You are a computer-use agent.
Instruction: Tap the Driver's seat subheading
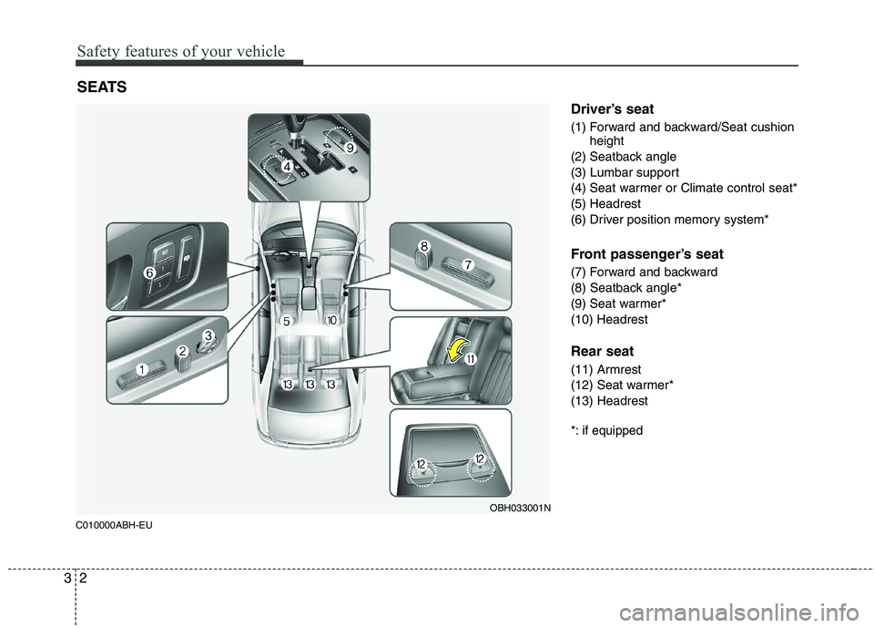pos(612,109)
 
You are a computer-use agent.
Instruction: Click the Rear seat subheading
pos(601,351)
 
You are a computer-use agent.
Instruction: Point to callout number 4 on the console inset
pos(286,167)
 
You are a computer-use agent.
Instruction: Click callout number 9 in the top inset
pos(349,147)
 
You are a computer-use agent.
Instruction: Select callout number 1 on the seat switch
pos(143,368)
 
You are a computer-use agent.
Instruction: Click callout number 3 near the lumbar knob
pos(208,336)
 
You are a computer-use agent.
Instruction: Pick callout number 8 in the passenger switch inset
pos(424,245)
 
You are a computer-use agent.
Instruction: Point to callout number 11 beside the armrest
pos(471,362)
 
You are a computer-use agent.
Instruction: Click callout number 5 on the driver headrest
pos(285,322)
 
